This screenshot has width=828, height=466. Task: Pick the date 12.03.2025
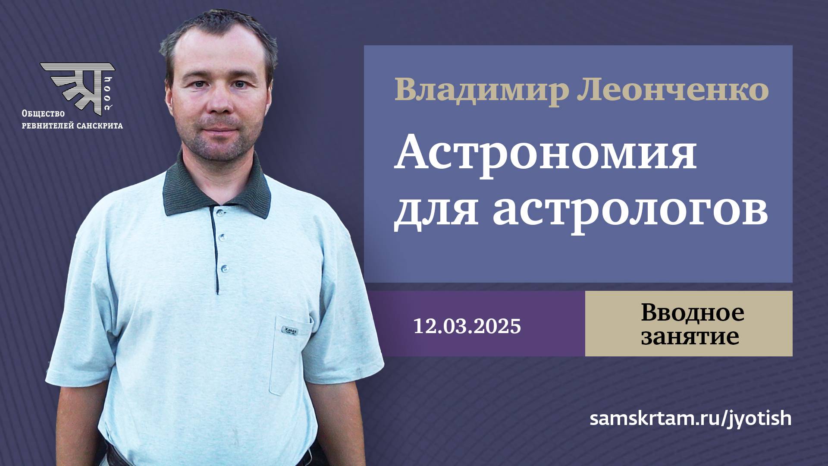tap(467, 326)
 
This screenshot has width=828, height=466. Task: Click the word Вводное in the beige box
tap(692, 313)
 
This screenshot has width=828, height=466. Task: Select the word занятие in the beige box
tap(690, 337)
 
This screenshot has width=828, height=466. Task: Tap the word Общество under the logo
tap(43, 114)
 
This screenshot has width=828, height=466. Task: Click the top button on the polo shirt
tap(220, 212)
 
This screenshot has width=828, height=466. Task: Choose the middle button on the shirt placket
tap(222, 238)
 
